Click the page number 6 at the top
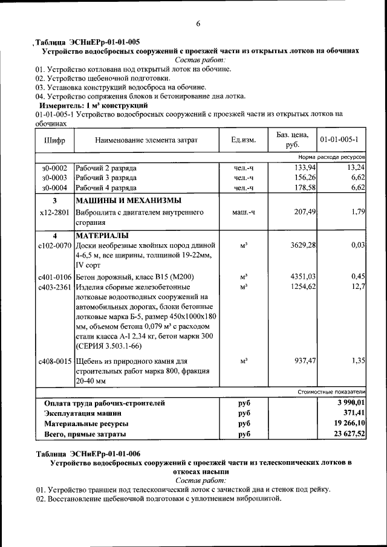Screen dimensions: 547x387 [197, 24]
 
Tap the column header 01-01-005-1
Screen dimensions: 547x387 [339, 140]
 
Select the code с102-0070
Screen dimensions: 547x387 [54, 246]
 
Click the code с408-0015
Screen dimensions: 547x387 [54, 361]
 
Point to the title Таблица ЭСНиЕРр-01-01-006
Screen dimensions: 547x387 [88, 453]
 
